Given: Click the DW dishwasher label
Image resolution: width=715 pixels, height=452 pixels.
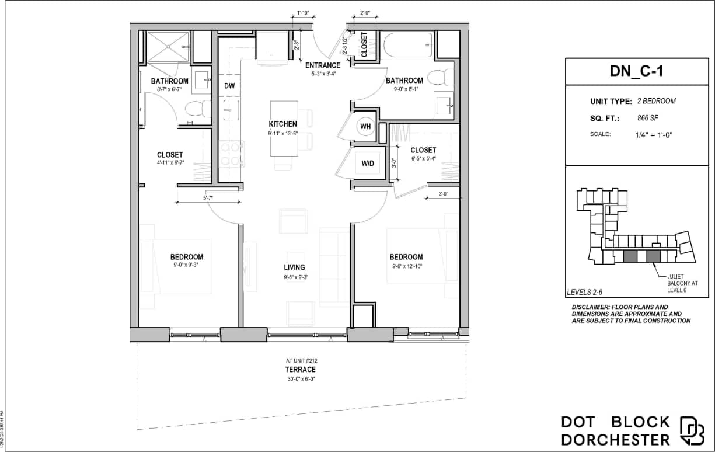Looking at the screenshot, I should (x=229, y=86).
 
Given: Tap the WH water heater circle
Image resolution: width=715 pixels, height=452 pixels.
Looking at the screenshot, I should (x=366, y=127).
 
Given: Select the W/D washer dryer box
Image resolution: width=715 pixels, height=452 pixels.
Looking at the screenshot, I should (x=368, y=164).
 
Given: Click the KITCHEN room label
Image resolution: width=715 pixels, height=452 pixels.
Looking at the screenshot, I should (x=283, y=124).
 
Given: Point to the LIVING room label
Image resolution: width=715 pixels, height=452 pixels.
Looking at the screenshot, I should (x=295, y=267).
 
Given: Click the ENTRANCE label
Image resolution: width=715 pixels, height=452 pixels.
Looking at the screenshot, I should (x=322, y=65).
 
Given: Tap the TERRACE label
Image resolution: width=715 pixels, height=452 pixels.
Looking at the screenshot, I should (x=300, y=370).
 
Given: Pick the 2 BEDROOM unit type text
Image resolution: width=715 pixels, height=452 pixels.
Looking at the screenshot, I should (x=657, y=102).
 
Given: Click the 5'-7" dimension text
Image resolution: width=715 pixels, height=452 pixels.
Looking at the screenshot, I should (x=207, y=198).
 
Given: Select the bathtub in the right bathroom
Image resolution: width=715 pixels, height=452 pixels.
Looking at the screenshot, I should (x=407, y=45).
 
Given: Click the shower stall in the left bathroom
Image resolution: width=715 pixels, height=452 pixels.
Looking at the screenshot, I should (x=167, y=47).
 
